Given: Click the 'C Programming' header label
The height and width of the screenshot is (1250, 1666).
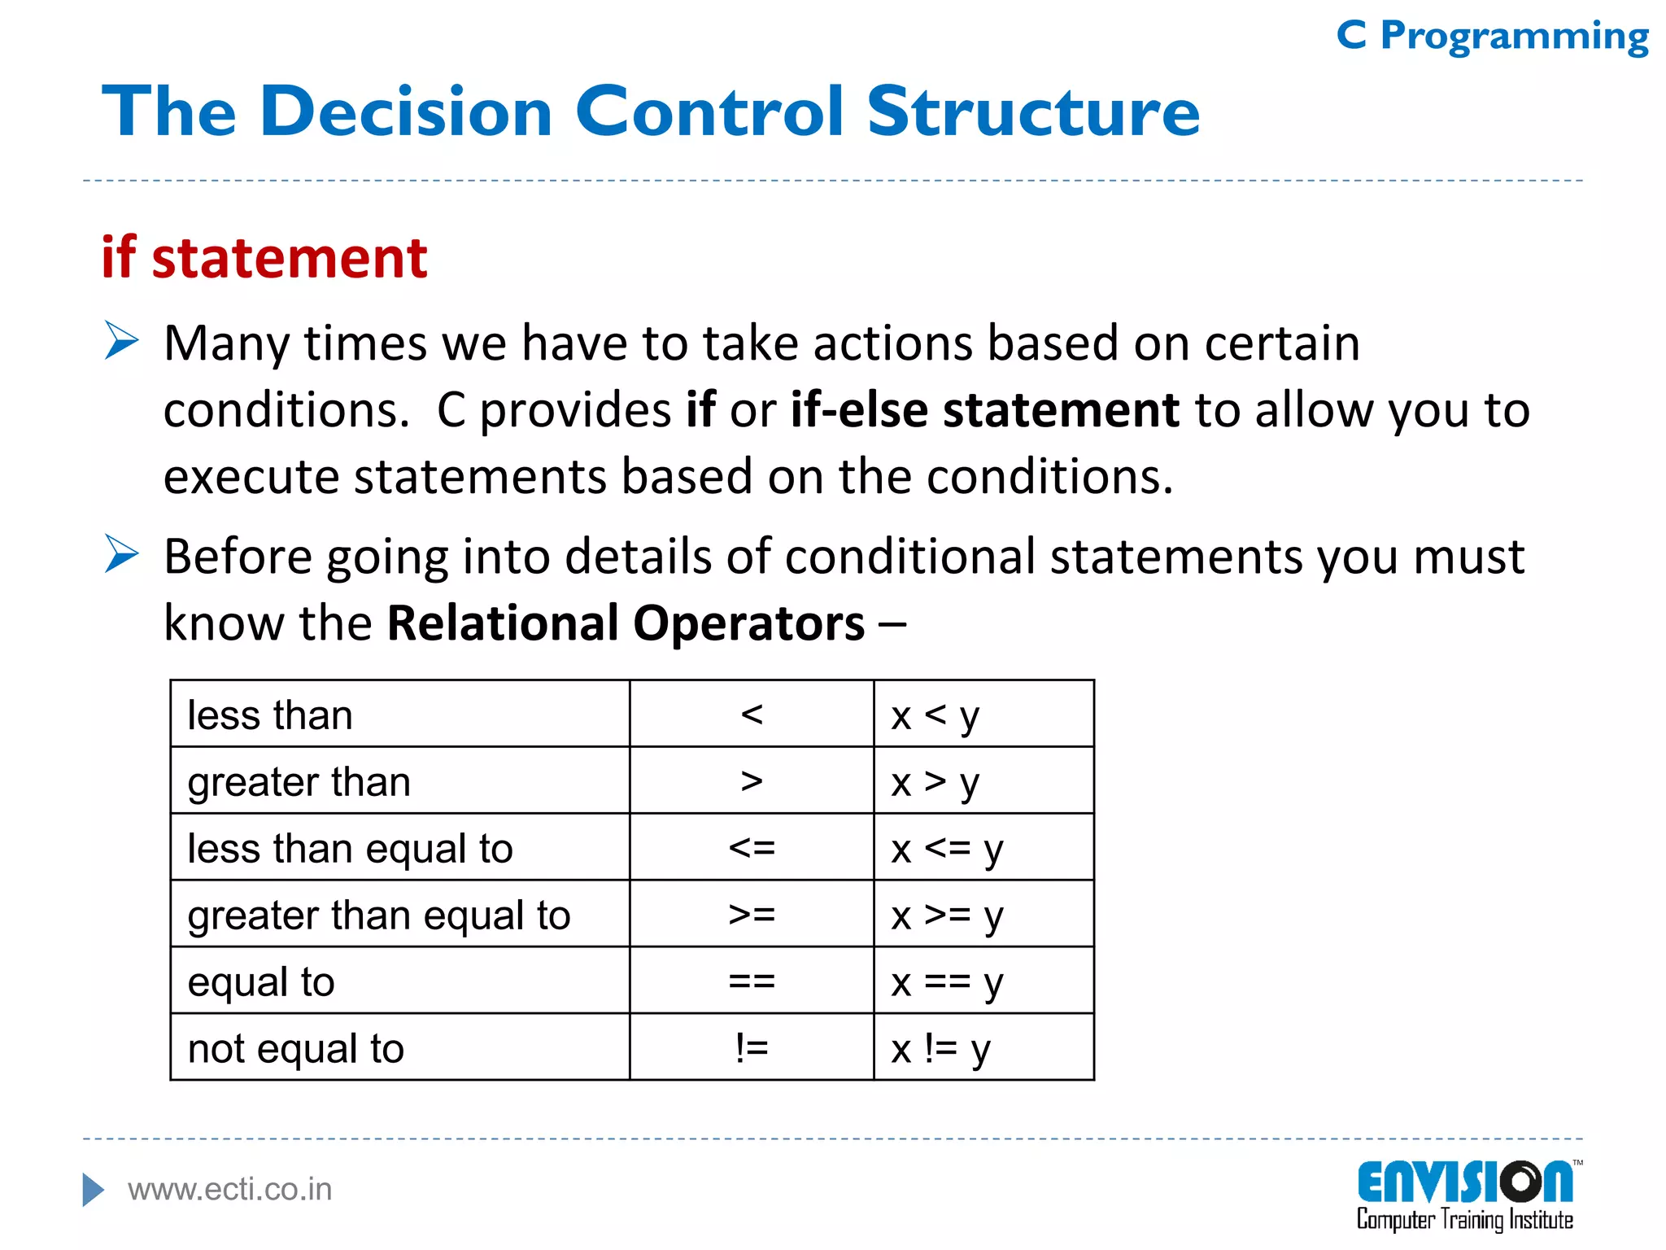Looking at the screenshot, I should pos(1492,37).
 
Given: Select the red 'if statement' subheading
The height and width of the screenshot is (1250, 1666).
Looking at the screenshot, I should pos(264,258).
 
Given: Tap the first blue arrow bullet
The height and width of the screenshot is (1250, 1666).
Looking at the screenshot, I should pos(122,340).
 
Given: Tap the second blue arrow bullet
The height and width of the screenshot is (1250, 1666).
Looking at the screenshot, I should pos(122,554).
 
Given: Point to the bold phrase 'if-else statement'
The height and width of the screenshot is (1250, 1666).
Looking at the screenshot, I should pos(984,409).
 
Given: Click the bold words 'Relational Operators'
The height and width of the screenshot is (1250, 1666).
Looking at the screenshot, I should pos(626,623).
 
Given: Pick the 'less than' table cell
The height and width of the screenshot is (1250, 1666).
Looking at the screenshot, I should pos(399,715).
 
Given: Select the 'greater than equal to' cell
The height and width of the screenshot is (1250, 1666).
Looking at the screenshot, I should pos(399,915).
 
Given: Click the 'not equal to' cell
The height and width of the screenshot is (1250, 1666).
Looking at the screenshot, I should pos(399,1048).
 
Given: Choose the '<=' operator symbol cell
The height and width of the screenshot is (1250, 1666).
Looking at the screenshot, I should pos(752,848).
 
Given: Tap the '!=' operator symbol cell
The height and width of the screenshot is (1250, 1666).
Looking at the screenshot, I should pos(752,1048).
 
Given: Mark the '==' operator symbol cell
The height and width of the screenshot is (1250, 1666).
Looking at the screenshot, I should pos(752,981).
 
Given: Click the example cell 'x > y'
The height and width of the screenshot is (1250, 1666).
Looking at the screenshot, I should pos(983,781).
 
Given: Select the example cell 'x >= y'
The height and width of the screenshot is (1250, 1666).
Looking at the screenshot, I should pos(983,915).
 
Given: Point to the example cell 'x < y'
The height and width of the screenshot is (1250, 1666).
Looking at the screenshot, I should pos(983,715).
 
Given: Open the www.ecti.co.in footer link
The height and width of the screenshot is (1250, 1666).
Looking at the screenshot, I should pos(230,1190).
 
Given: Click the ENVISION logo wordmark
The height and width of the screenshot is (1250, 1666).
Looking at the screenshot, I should pos(1465,1182).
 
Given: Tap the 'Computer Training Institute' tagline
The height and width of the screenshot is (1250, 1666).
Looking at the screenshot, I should pos(1464,1220).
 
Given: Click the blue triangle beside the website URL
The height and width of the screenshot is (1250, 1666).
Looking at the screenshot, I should pos(93,1190).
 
